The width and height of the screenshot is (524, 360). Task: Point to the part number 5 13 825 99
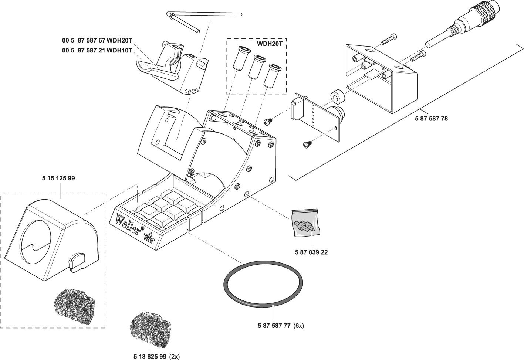pos(149,357)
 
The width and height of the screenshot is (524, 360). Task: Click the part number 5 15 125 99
pos(58,179)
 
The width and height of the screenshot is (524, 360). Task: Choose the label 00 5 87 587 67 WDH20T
pos(97,40)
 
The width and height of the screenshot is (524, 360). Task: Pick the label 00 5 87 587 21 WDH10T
pos(97,51)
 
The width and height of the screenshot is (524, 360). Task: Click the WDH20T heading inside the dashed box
pos(271,43)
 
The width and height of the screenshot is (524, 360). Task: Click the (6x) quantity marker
pos(298,326)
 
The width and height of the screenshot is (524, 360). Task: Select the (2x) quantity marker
pos(174,357)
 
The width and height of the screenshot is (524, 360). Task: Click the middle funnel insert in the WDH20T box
pos(256,66)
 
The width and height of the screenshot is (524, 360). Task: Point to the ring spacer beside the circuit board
pos(337,97)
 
